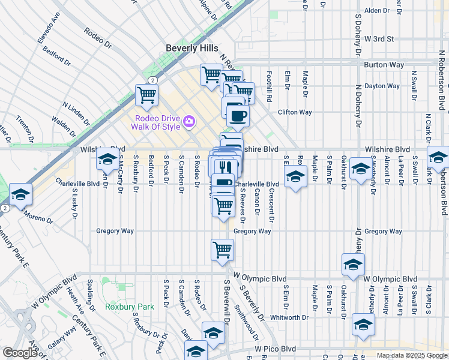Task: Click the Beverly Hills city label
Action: pos(192,48)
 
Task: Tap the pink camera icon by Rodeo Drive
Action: pos(189,122)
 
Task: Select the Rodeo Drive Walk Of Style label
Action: pos(158,122)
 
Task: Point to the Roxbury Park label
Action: pos(130,307)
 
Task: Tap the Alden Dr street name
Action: pos(377,11)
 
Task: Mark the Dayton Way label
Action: pos(382,86)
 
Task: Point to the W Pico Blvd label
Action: pos(275,348)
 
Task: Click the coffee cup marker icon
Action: pos(238,116)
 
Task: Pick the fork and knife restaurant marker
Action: pos(226,166)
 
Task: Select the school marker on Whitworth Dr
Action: pos(363,324)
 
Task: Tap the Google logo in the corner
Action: pos(20,353)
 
